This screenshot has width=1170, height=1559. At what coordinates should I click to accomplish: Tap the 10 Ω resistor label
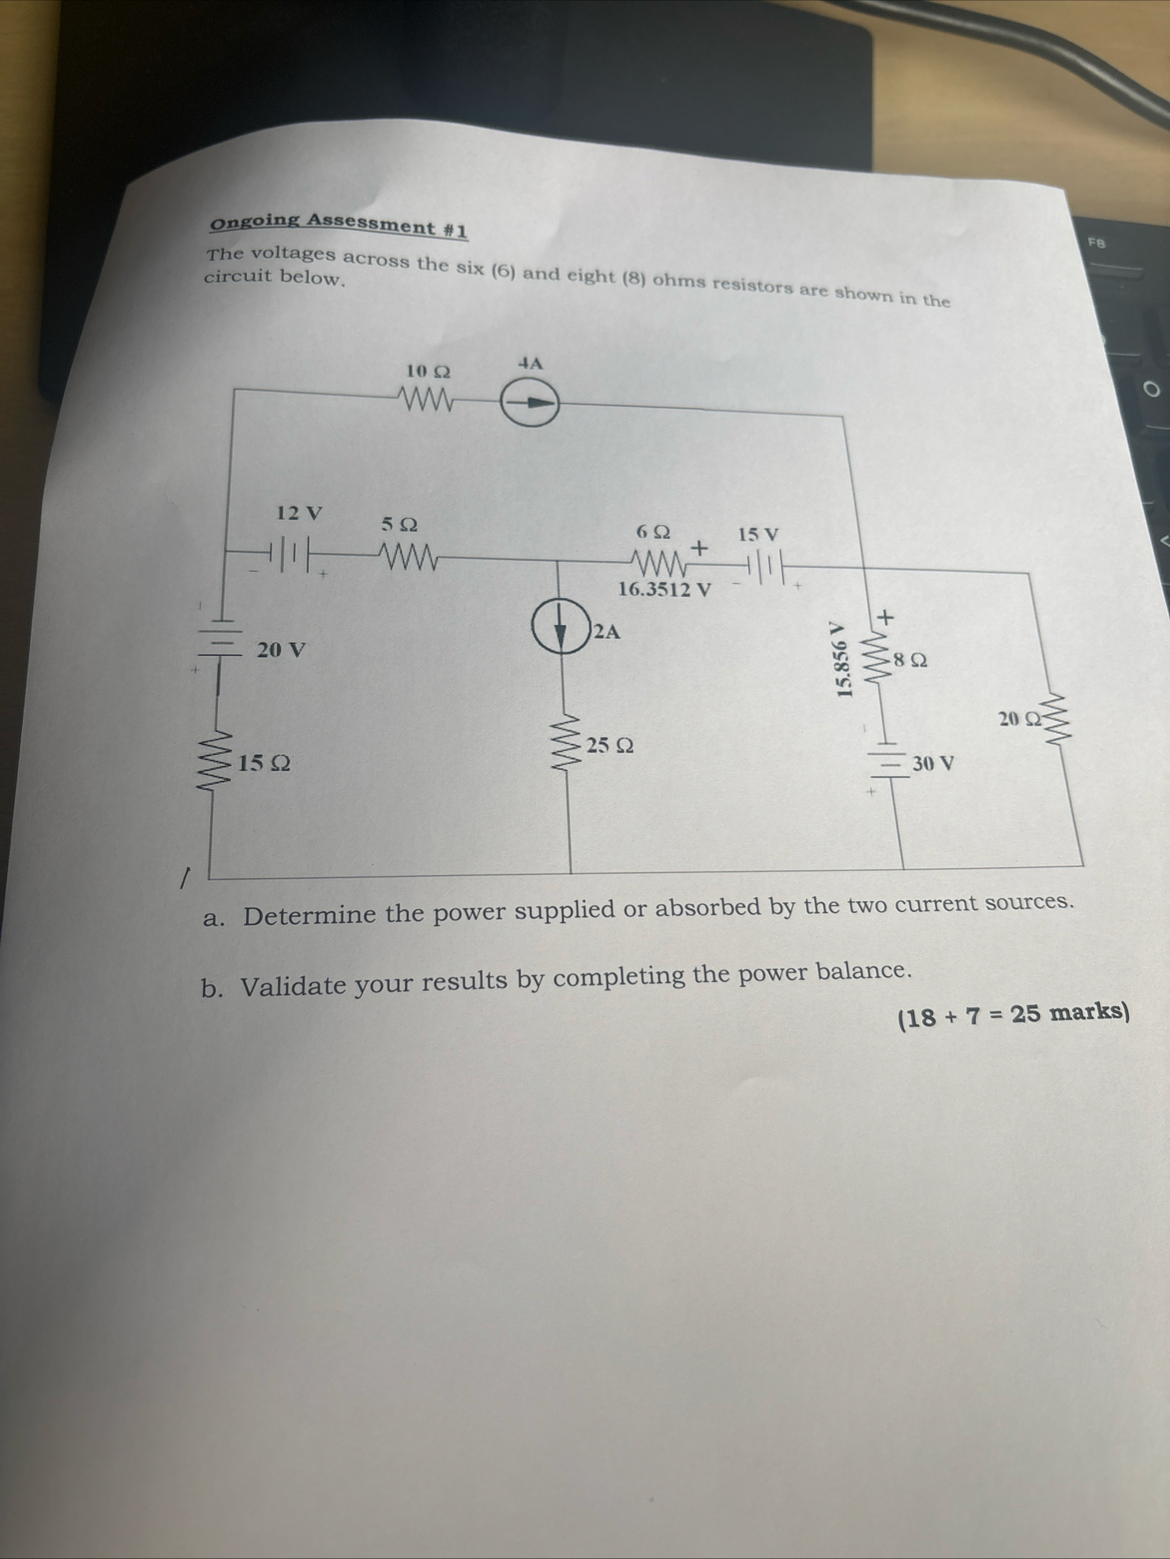pyautogui.click(x=428, y=370)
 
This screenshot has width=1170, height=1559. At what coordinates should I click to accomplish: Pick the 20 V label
pyautogui.click(x=281, y=651)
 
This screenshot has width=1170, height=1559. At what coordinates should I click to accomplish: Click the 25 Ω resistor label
pyautogui.click(x=609, y=745)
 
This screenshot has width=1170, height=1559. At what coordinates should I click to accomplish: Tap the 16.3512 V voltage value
pyautogui.click(x=664, y=589)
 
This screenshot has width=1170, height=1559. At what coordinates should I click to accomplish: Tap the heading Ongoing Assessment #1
pyautogui.click(x=338, y=225)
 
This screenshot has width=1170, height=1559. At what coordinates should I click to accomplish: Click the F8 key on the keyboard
pyautogui.click(x=1097, y=243)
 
